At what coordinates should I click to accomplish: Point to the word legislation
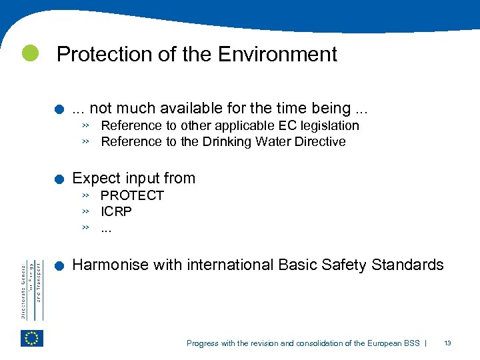point(327,125)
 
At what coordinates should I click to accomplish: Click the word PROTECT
point(132,195)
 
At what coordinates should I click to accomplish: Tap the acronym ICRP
point(116,211)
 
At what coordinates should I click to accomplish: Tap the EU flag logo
point(31,338)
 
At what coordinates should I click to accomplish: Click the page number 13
point(447,343)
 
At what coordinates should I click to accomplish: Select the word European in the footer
point(382,343)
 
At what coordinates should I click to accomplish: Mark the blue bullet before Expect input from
point(60,179)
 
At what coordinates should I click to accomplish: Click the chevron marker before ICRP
point(86,211)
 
